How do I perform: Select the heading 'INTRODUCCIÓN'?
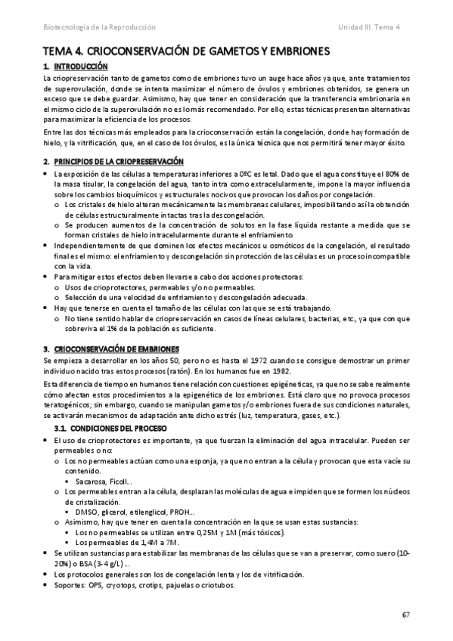click(76, 67)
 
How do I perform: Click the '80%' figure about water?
click(401, 175)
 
